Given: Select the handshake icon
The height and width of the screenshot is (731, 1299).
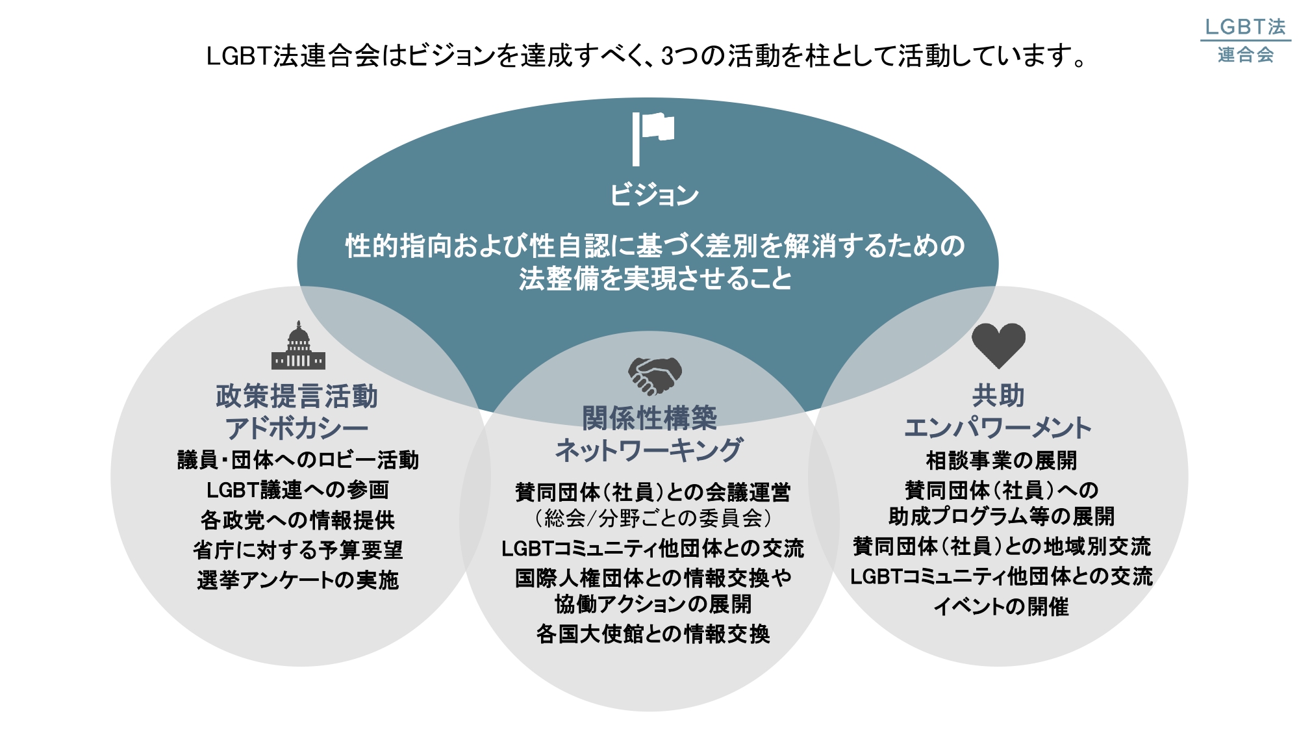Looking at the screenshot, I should click(x=654, y=376).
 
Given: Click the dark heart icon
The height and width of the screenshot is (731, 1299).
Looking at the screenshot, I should click(x=998, y=345).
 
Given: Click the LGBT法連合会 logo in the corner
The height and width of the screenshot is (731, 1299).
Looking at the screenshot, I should click(x=1245, y=40).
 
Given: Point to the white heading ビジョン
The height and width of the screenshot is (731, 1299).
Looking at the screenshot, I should click(x=654, y=195).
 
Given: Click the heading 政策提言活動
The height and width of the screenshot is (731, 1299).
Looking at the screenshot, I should click(x=297, y=396).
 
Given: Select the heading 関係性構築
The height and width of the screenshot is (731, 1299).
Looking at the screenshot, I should click(x=649, y=418).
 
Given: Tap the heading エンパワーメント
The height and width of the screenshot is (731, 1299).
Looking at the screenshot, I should click(x=998, y=428).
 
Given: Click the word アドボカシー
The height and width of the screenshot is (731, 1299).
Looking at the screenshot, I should click(x=297, y=429).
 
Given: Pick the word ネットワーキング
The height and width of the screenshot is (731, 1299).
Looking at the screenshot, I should click(x=649, y=450).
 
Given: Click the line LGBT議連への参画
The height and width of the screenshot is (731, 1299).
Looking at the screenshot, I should click(x=297, y=490).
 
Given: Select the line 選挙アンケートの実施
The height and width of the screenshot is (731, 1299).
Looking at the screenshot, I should click(x=297, y=580).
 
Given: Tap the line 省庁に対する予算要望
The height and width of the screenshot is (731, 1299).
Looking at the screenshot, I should click(x=297, y=550).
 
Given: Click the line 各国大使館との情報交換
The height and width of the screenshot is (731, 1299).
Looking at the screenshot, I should click(x=653, y=634).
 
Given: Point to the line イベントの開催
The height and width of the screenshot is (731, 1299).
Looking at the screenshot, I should click(x=1001, y=607).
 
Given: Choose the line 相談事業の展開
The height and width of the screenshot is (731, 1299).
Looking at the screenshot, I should click(x=1001, y=461).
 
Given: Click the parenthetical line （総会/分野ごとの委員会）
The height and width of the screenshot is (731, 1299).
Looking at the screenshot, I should click(x=653, y=519).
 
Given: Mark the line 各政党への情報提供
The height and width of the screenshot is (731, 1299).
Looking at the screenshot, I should click(x=297, y=520).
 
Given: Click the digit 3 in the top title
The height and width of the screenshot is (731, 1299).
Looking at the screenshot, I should click(x=668, y=57).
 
